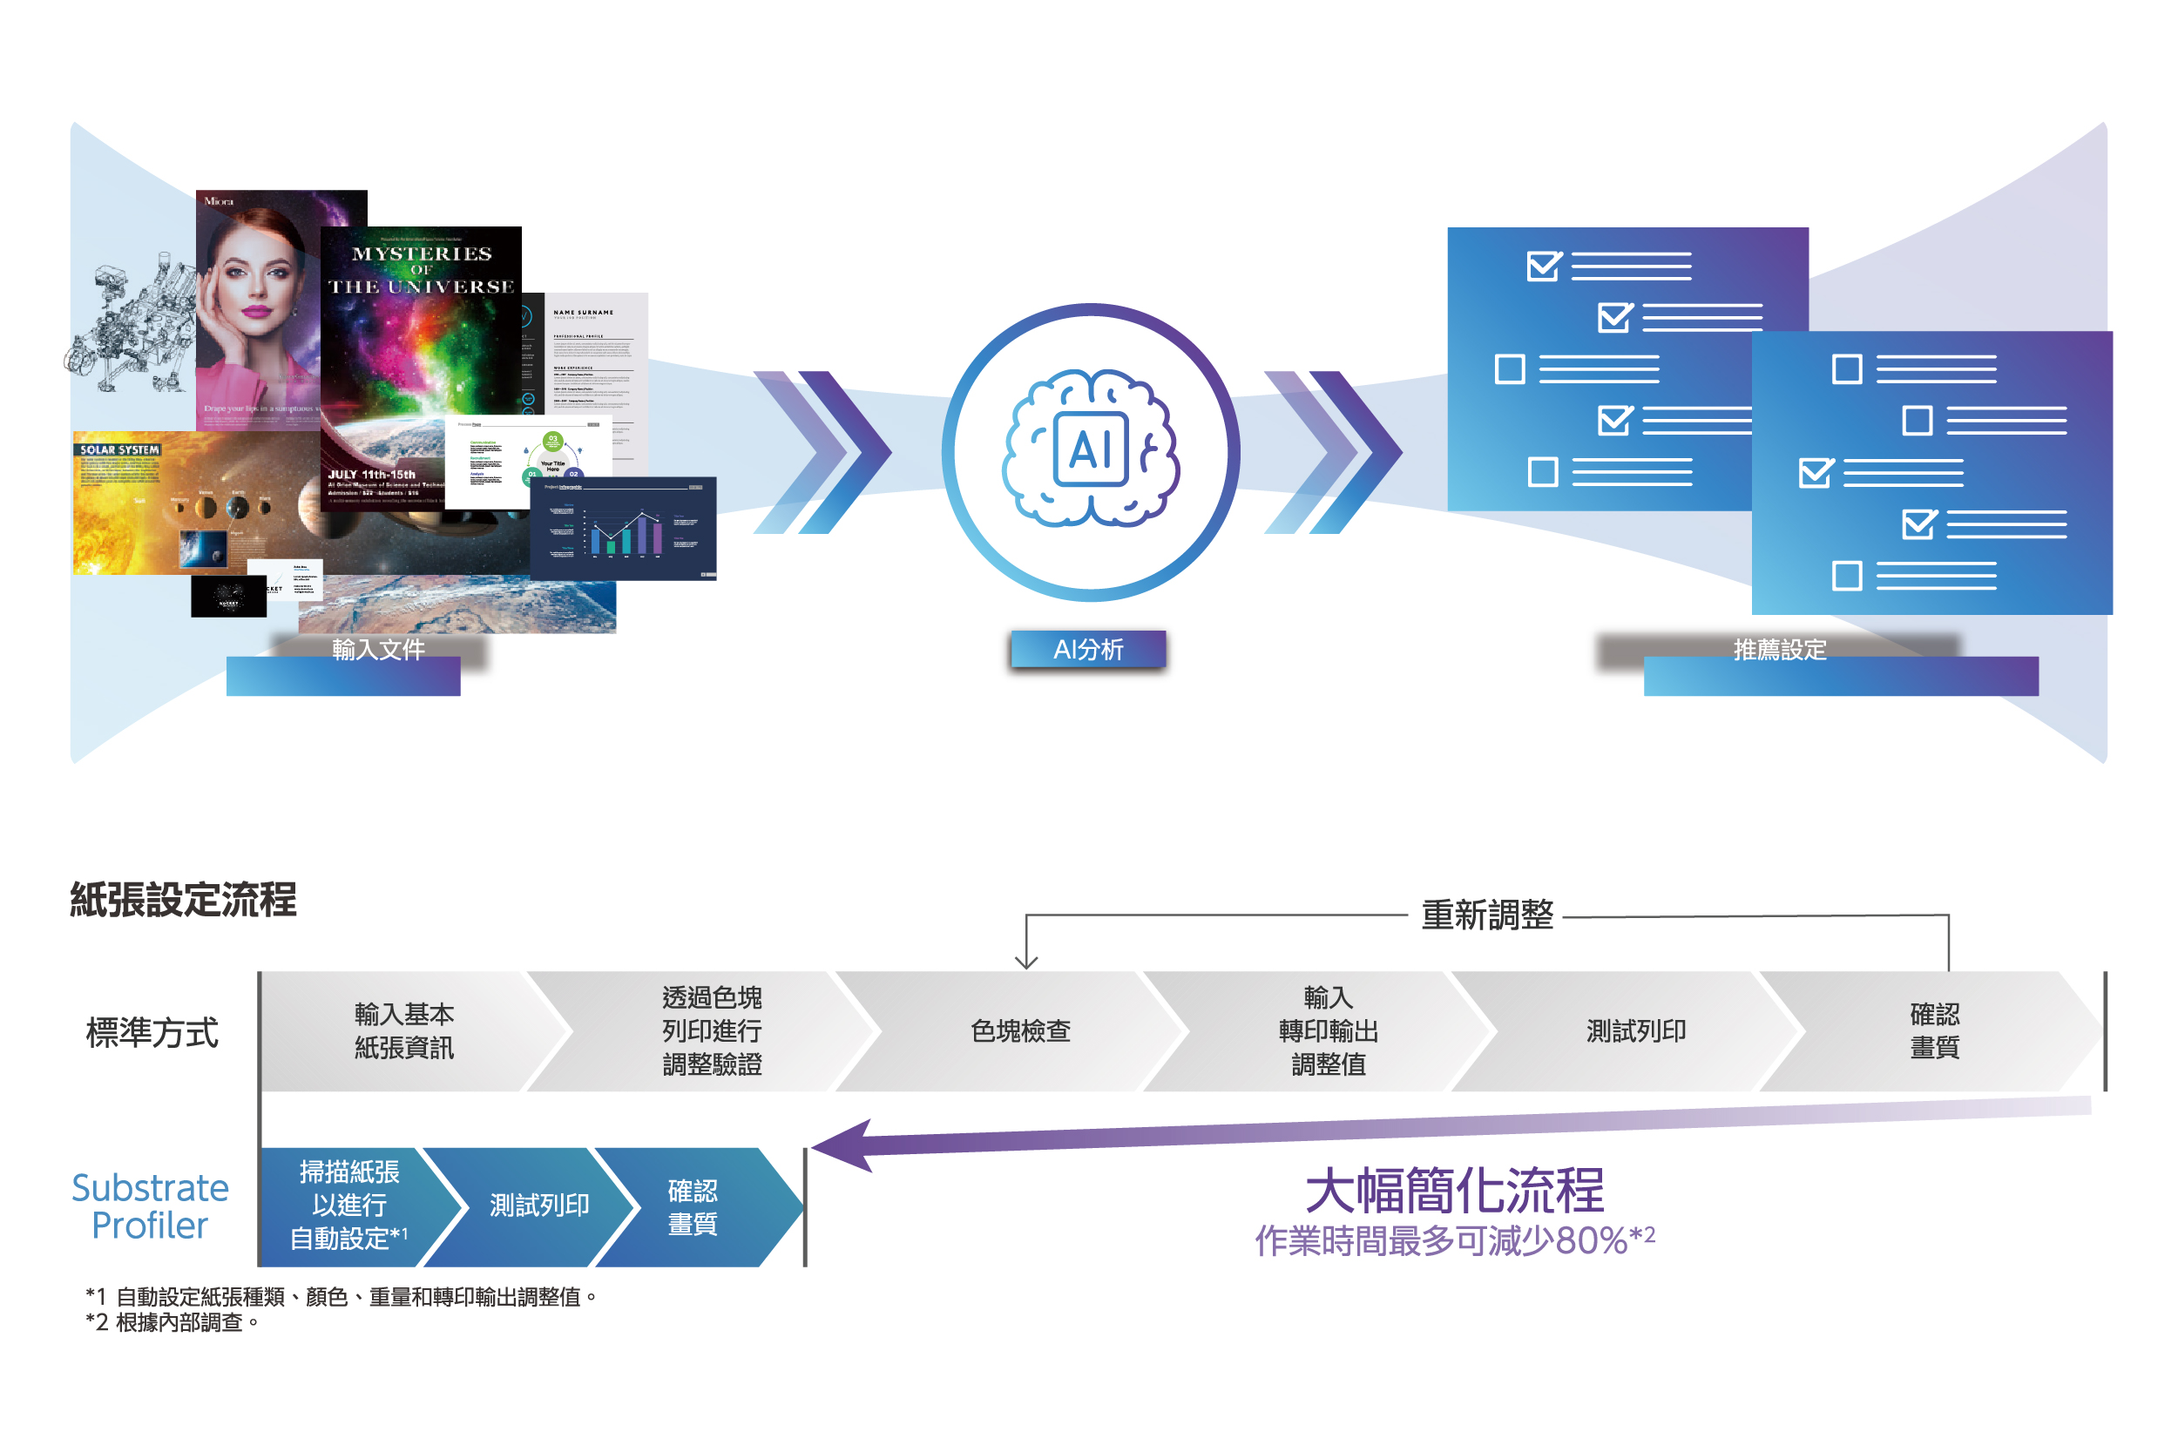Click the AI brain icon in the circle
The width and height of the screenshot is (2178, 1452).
click(1090, 449)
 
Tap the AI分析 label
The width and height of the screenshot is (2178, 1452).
click(1088, 649)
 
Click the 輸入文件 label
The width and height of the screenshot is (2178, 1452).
click(378, 649)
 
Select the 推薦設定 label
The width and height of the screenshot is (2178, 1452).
click(1779, 649)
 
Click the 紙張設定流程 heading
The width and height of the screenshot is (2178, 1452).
click(183, 900)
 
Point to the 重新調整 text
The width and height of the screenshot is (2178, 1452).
click(1486, 915)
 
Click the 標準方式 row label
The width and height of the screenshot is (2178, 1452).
click(152, 1031)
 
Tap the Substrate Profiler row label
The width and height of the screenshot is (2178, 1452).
click(150, 1205)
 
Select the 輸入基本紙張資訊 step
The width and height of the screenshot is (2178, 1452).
click(403, 1030)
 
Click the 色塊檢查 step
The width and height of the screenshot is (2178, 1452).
click(1020, 1030)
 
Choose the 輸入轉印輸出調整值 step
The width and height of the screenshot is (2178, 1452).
click(1328, 1030)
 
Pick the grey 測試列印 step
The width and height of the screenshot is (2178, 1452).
click(1635, 1030)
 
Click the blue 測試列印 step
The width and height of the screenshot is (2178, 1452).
click(539, 1205)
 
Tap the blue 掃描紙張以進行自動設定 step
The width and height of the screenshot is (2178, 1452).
click(348, 1205)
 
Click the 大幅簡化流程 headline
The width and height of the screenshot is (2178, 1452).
click(1454, 1191)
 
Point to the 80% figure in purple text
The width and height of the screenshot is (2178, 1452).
click(1591, 1241)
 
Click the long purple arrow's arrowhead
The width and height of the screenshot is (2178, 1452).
click(842, 1145)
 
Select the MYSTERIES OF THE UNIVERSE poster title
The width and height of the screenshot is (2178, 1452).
click(422, 269)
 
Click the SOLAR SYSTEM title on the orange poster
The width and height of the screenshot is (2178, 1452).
click(119, 450)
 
